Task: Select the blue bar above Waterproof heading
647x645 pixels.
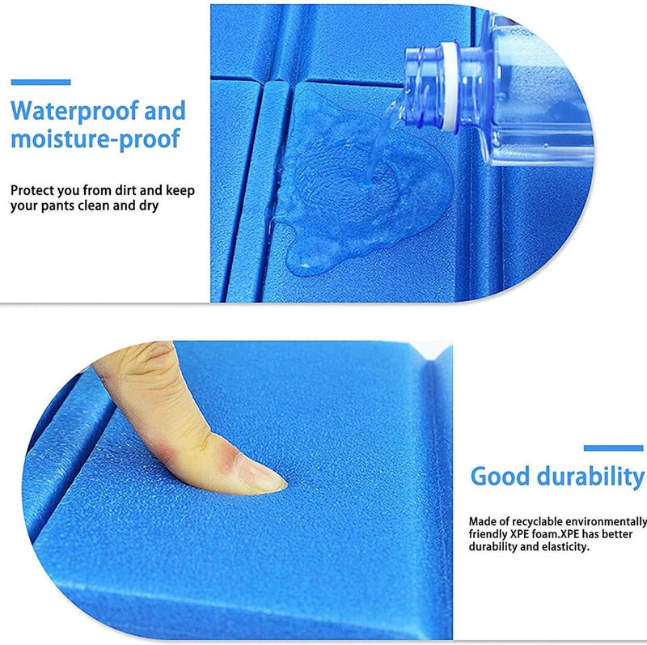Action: pos(40,82)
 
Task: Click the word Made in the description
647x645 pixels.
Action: pos(482,522)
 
